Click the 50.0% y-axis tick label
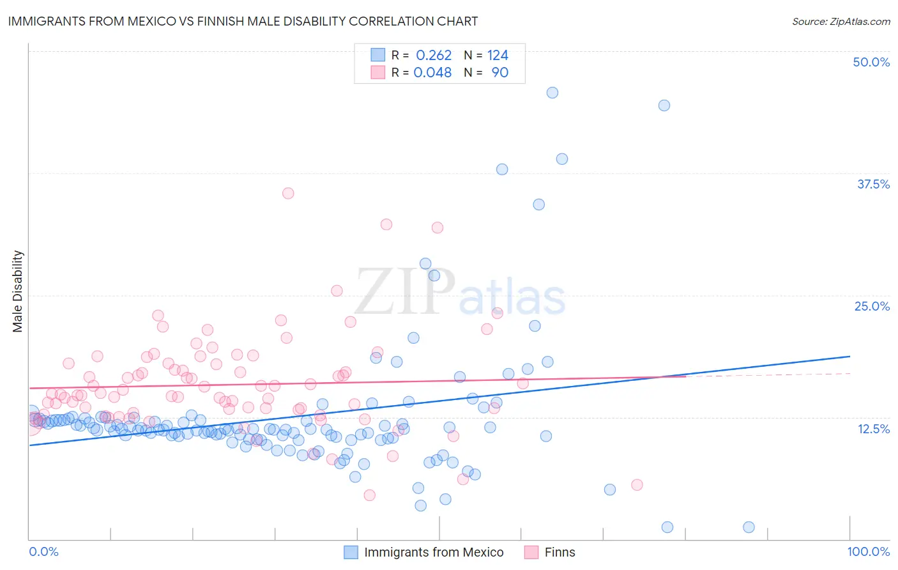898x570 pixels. (871, 62)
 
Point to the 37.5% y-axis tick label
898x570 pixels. (872, 184)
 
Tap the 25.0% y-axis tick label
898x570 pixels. (871, 306)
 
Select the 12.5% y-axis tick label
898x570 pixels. (872, 429)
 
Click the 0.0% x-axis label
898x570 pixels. (43, 552)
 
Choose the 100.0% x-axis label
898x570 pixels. (868, 552)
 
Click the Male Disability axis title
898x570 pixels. (18, 291)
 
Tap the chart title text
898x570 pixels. (243, 22)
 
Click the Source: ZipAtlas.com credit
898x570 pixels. (841, 22)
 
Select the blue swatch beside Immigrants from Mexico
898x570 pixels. (351, 552)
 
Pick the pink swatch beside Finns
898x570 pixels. (531, 552)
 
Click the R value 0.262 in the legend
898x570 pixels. (434, 56)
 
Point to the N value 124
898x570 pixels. (498, 56)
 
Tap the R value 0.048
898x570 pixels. (432, 73)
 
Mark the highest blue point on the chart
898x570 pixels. (552, 93)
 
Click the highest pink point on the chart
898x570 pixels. (288, 193)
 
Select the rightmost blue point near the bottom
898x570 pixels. (749, 527)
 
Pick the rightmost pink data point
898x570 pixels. (637, 485)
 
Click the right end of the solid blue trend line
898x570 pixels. (850, 356)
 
